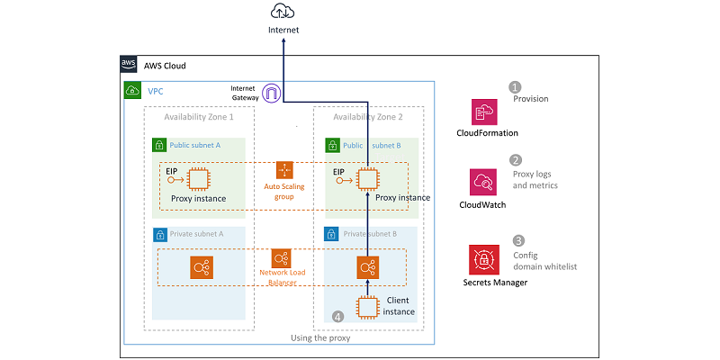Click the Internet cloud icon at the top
283,12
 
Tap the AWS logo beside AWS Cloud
130,66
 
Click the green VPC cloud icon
132,91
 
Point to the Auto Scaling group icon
284,170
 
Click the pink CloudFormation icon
484,112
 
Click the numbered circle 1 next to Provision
516,87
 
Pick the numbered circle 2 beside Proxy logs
516,159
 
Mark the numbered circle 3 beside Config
518,240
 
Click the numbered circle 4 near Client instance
337,317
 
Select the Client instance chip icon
367,307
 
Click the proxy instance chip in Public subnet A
196,179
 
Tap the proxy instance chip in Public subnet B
367,178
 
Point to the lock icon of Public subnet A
158,144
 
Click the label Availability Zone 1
199,117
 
